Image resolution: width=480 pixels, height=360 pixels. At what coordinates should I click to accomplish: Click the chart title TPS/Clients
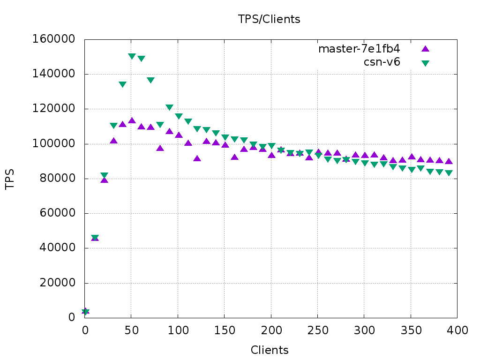(x=269, y=19)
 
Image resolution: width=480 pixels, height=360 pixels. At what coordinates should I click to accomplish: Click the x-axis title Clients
(x=270, y=350)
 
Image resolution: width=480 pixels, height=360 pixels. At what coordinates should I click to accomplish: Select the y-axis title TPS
(x=10, y=179)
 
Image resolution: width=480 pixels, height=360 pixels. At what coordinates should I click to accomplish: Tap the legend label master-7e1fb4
(x=359, y=49)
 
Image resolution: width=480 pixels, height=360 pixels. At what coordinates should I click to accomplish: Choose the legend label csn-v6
(x=382, y=62)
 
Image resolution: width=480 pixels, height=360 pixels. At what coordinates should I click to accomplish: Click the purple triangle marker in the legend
(x=425, y=48)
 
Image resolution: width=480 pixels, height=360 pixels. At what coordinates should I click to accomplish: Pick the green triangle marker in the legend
(x=425, y=63)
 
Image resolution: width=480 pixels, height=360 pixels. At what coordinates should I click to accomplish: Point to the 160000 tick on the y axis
(x=53, y=39)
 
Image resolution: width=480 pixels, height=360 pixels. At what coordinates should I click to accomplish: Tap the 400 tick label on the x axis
(x=457, y=330)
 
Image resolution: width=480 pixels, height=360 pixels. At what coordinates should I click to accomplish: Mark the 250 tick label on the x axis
(x=318, y=330)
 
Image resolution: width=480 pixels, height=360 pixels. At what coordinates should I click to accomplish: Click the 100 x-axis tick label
(x=178, y=330)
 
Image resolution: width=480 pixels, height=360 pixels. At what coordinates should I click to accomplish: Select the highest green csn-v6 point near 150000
(x=132, y=56)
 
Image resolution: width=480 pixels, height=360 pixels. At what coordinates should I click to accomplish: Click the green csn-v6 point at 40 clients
(x=122, y=84)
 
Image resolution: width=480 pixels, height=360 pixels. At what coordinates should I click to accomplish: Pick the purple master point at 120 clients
(x=197, y=158)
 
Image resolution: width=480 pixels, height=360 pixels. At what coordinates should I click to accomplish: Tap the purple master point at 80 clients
(x=160, y=148)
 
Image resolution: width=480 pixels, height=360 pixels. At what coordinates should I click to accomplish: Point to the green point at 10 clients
(x=95, y=238)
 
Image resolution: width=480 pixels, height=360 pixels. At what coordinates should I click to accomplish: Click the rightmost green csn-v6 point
(x=449, y=173)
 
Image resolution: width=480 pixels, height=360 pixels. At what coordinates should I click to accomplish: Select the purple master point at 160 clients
(x=234, y=157)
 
